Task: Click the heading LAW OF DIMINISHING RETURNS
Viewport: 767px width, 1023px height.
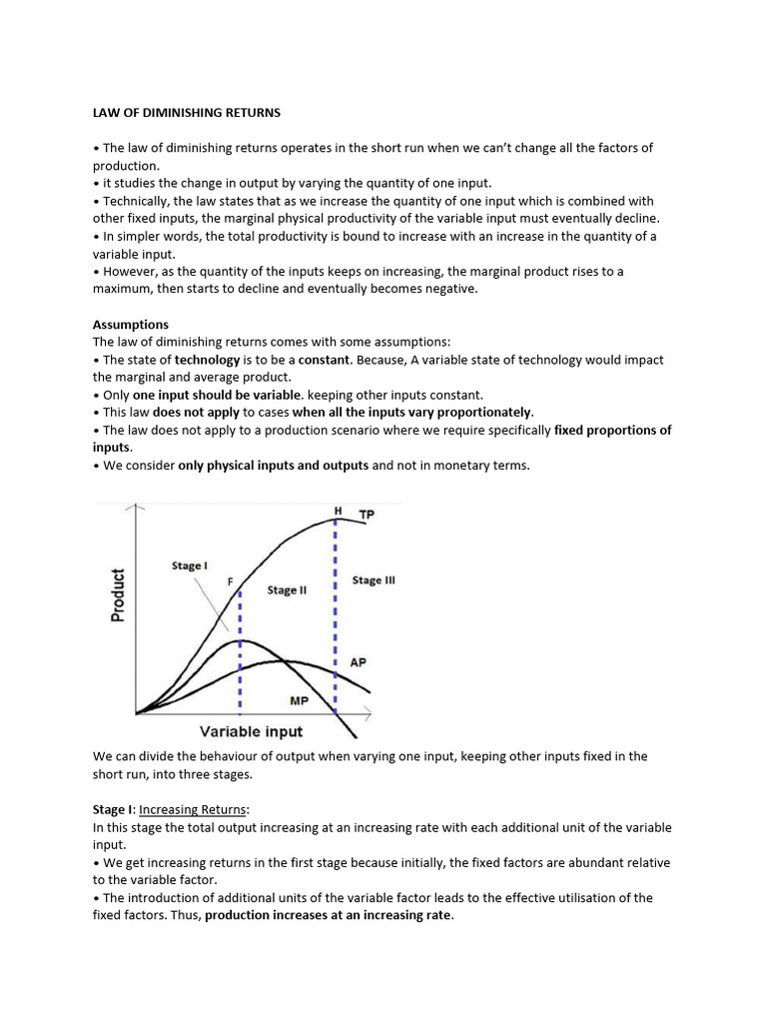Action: [x=181, y=112]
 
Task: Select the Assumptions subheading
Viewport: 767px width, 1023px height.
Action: [x=130, y=325]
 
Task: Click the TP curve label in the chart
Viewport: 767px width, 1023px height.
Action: [x=368, y=514]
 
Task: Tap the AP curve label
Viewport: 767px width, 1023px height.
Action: [x=358, y=662]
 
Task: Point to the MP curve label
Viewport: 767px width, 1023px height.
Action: [x=299, y=701]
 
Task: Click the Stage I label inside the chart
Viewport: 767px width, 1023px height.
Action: [x=190, y=565]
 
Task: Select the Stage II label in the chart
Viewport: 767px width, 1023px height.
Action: [x=287, y=590]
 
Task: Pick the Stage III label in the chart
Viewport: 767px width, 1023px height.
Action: [x=374, y=580]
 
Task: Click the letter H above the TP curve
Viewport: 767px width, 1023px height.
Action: [x=338, y=511]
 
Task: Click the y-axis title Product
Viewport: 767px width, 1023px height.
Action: [x=118, y=595]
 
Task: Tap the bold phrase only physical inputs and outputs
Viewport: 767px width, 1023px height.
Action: [x=273, y=466]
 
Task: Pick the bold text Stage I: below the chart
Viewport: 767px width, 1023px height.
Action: [x=113, y=810]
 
